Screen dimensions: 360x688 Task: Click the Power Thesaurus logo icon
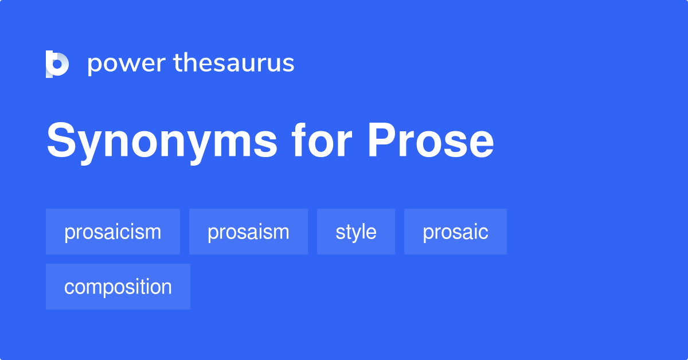57,64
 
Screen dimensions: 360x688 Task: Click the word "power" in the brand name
126,64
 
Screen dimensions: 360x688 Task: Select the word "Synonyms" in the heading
162,142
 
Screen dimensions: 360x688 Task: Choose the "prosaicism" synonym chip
113,232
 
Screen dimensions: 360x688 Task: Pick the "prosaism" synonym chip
248,232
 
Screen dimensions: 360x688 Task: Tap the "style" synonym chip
356,232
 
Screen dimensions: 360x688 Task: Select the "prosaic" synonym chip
455,232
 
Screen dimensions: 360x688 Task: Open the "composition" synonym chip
118,287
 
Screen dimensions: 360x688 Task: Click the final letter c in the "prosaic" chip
484,232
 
